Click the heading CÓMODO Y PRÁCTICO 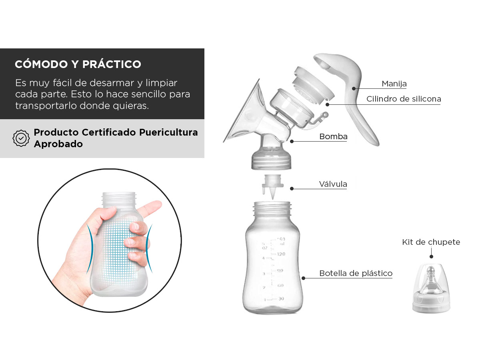[x=78, y=64]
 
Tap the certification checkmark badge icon [x=21, y=138]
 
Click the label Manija [x=394, y=84]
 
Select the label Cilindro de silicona [x=404, y=99]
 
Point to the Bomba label [x=333, y=137]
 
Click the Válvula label [x=333, y=184]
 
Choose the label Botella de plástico [x=356, y=274]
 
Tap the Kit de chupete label [x=431, y=242]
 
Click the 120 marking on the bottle [x=281, y=254]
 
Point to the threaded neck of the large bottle [x=272, y=209]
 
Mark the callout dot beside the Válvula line [x=292, y=189]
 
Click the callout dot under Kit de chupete [x=431, y=257]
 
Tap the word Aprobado [x=58, y=144]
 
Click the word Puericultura [x=168, y=132]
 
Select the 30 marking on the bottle [x=281, y=298]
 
